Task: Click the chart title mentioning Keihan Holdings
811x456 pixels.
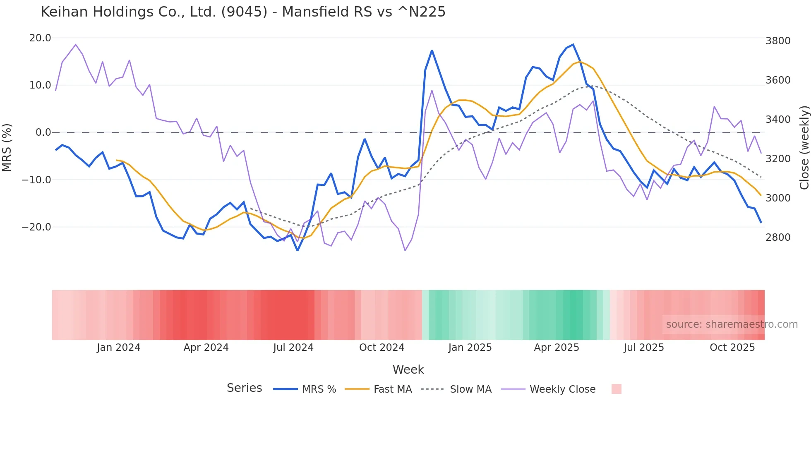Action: tap(243, 12)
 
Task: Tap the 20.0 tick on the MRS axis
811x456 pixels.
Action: tap(40, 38)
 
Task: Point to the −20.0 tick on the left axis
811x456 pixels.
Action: tap(36, 227)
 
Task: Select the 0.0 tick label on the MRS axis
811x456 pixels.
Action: tap(43, 132)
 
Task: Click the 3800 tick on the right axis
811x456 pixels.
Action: tap(778, 41)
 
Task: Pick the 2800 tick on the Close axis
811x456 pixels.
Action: tap(778, 238)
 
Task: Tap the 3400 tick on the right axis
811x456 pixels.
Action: tap(778, 120)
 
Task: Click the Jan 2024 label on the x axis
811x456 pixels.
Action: tap(119, 348)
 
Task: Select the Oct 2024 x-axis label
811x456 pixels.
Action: tap(382, 348)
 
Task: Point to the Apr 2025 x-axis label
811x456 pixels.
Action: tap(557, 348)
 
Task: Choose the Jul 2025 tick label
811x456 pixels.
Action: tap(644, 348)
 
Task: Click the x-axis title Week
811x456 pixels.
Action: tap(408, 370)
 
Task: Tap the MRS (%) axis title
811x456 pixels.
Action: tap(7, 148)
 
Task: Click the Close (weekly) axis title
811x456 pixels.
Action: tap(804, 148)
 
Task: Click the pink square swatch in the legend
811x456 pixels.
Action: tap(617, 389)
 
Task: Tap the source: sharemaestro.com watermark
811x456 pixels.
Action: tap(732, 324)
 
